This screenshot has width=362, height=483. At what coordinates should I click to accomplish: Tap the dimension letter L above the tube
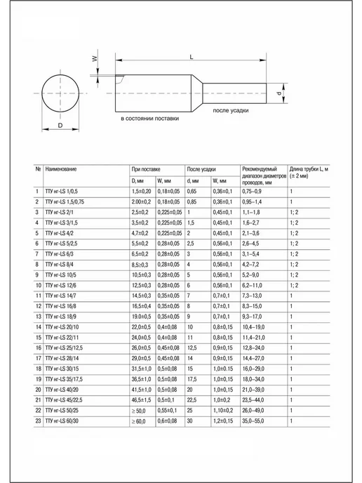point(192,57)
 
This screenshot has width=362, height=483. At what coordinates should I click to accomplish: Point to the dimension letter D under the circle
point(60,126)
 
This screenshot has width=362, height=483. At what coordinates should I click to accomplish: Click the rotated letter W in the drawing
point(95,58)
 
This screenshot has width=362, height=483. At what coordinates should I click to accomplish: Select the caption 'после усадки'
point(231,111)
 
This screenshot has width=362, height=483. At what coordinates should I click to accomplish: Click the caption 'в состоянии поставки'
point(150,119)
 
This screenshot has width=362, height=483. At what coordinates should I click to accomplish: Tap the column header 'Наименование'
point(61,169)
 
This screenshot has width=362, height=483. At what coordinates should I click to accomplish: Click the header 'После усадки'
point(201,169)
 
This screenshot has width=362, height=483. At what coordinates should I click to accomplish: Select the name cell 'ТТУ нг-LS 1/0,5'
point(62,191)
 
